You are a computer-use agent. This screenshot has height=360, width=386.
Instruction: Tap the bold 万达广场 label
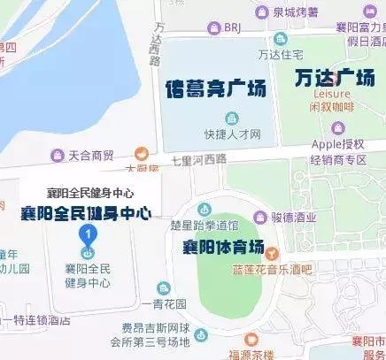click(x=334, y=79)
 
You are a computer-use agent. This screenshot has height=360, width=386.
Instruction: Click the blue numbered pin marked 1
click(x=87, y=234)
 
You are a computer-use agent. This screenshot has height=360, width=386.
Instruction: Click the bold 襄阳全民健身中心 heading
click(x=86, y=212)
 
